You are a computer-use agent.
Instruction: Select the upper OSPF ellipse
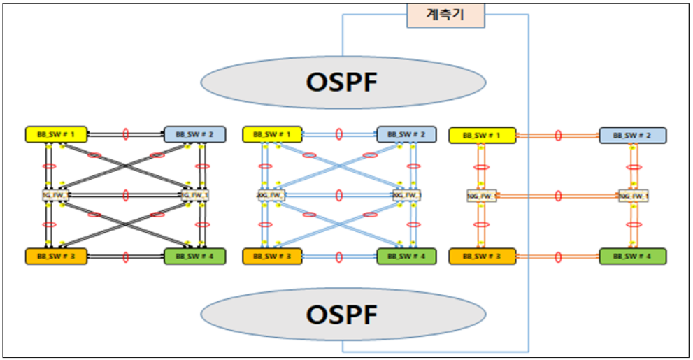(x=343, y=82)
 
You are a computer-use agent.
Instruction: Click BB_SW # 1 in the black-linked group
(x=56, y=133)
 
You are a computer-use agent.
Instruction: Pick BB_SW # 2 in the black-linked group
(x=194, y=133)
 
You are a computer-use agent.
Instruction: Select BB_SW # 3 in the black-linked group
(x=56, y=256)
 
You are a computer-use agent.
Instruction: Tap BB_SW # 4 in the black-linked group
(x=194, y=256)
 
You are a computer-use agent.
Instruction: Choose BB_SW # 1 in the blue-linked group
(x=273, y=133)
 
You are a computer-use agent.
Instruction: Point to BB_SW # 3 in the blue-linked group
(x=273, y=256)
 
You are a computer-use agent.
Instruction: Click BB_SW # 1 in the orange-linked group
(x=482, y=135)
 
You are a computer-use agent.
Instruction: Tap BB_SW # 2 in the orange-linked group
(x=633, y=135)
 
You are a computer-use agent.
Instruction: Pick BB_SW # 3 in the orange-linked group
(x=482, y=256)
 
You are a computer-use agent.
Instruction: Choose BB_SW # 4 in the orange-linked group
(x=633, y=256)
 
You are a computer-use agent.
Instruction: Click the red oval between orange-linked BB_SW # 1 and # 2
(x=558, y=135)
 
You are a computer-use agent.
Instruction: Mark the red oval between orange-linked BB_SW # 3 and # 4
(x=558, y=256)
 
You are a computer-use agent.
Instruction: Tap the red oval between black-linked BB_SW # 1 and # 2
(x=126, y=133)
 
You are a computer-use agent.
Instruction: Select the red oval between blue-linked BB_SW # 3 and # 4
(x=339, y=256)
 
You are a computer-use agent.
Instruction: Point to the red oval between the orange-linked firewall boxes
(x=558, y=196)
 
